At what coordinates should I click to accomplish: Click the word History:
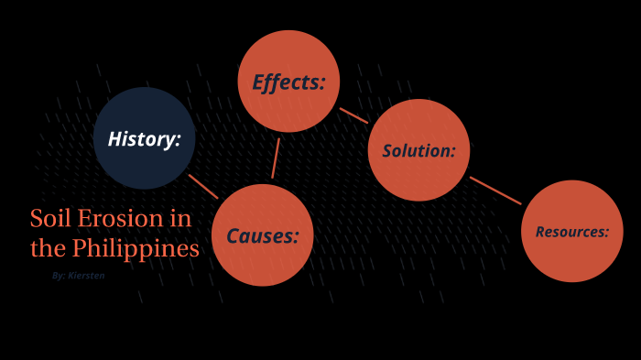click(145, 139)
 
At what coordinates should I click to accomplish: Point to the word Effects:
click(289, 82)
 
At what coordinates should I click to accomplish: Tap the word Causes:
click(263, 236)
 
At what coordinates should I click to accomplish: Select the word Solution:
click(418, 151)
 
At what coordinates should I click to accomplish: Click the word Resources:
click(572, 232)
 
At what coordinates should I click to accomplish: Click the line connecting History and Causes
click(203, 186)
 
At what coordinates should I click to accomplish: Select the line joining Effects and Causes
click(276, 158)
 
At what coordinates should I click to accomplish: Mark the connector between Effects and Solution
click(353, 115)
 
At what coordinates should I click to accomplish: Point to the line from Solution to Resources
click(495, 191)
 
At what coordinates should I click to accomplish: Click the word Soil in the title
click(47, 219)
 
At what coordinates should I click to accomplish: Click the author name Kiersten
click(86, 275)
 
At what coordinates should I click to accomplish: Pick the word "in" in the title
click(179, 219)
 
